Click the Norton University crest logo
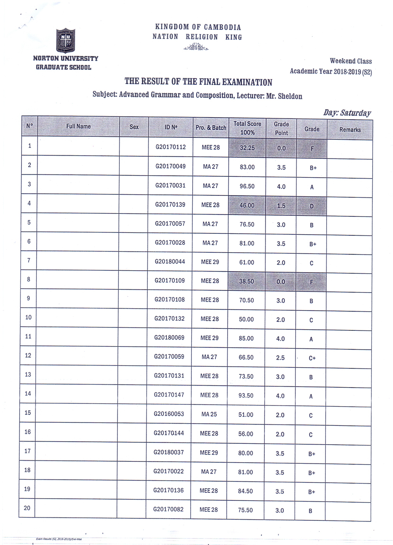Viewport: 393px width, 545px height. pyautogui.click(x=66, y=40)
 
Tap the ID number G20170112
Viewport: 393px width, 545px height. pyautogui.click(x=170, y=147)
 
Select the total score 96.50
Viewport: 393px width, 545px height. pyautogui.click(x=247, y=186)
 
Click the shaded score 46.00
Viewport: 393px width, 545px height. pyautogui.click(x=247, y=205)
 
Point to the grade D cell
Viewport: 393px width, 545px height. pyautogui.click(x=312, y=206)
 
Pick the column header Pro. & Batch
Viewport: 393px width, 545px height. pyautogui.click(x=211, y=128)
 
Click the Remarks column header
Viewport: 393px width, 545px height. pyautogui.click(x=350, y=130)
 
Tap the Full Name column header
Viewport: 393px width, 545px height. pyautogui.click(x=78, y=126)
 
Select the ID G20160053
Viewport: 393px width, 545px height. pyautogui.click(x=169, y=414)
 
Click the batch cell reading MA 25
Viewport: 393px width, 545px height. pyautogui.click(x=209, y=414)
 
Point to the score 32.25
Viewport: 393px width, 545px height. pyautogui.click(x=247, y=148)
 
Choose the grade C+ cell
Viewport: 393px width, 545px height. pyautogui.click(x=312, y=358)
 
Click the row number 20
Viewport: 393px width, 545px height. pyautogui.click(x=27, y=508)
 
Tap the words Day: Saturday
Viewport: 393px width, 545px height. pyautogui.click(x=347, y=113)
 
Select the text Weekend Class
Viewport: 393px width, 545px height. pyautogui.click(x=351, y=61)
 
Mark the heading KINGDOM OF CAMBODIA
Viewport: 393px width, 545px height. pyautogui.click(x=198, y=27)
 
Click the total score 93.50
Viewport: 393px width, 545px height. pyautogui.click(x=246, y=396)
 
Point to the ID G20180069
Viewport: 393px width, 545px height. pyautogui.click(x=169, y=338)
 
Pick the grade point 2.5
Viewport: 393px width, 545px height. pyautogui.click(x=280, y=358)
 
